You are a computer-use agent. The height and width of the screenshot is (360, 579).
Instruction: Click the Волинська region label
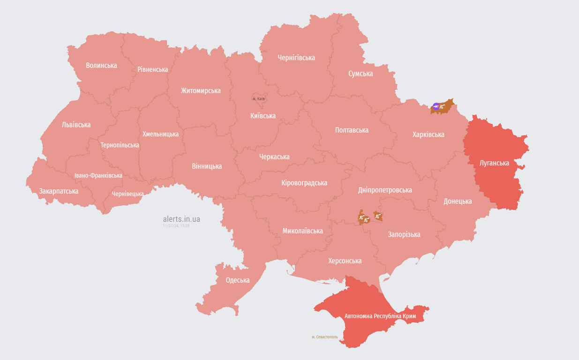(x=101, y=65)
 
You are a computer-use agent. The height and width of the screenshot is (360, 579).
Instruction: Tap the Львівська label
(x=76, y=125)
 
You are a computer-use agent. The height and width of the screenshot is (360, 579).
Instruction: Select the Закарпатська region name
(x=59, y=191)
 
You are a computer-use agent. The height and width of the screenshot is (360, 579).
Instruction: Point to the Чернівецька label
(x=128, y=194)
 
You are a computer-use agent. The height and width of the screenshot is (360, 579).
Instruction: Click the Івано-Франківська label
(x=98, y=175)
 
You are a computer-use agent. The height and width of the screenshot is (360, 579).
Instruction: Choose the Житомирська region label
(x=201, y=90)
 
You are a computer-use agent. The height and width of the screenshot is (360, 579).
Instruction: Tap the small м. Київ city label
(x=259, y=99)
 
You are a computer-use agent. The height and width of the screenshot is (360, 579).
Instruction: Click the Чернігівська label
(x=296, y=58)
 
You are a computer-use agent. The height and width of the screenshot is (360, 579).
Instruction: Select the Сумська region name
(x=361, y=74)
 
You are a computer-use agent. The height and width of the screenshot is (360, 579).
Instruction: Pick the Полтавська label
(x=352, y=130)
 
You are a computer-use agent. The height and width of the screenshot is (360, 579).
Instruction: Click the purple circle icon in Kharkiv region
(x=436, y=107)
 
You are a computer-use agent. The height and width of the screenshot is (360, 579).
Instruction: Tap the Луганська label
(x=494, y=163)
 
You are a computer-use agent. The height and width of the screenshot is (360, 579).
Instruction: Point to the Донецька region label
(x=458, y=201)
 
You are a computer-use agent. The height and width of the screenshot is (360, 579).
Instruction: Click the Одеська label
(x=238, y=280)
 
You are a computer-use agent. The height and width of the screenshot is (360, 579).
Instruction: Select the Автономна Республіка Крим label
(x=380, y=316)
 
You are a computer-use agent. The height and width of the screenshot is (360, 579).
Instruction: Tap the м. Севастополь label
(x=324, y=337)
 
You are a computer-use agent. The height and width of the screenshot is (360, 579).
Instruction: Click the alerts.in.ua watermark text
(x=181, y=219)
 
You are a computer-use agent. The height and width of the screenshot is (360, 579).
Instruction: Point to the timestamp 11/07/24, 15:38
(x=176, y=226)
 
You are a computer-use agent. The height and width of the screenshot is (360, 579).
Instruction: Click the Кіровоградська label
(x=304, y=183)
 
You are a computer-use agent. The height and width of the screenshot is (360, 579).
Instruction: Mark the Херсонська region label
(x=345, y=261)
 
